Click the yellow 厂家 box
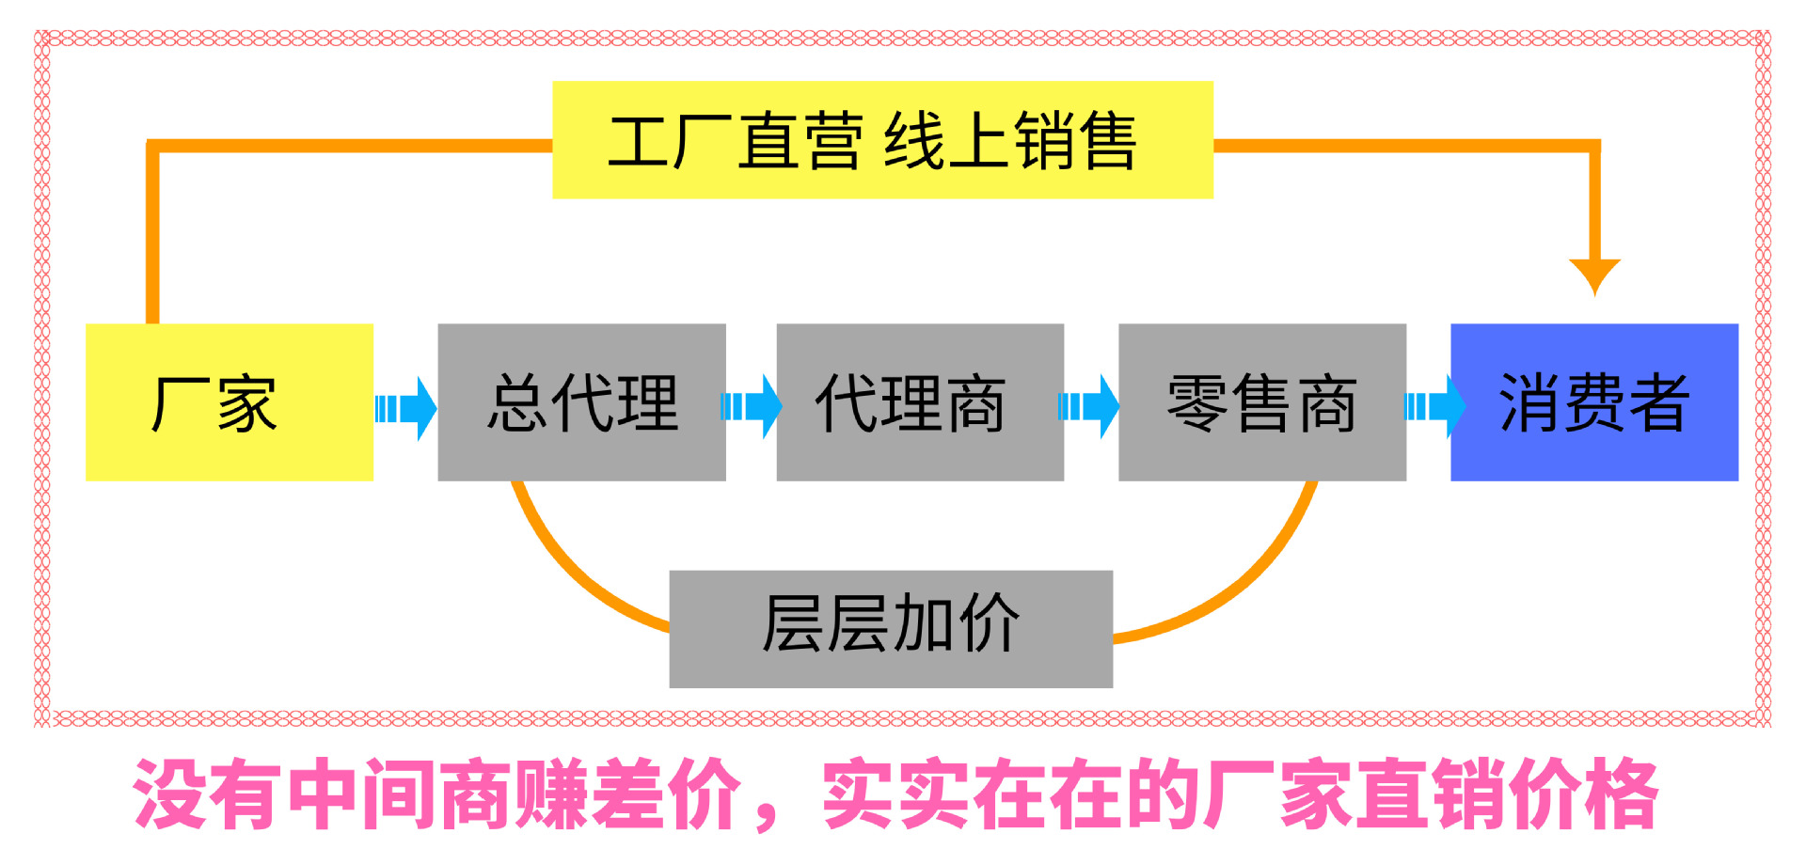230,402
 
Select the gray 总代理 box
581,402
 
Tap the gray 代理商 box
920,402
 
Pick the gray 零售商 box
1261,402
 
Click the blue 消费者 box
1593,402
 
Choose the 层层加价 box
891,628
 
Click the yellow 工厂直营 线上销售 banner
882,140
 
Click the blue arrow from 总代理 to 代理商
752,407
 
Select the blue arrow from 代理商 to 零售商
1089,407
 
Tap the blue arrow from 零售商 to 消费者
1434,407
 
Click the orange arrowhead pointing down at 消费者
1594,275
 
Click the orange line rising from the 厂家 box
152,235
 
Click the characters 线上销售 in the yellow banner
1010,141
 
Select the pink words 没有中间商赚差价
437,794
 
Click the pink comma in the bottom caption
768,817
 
